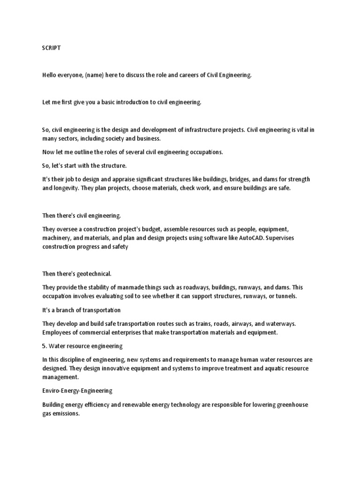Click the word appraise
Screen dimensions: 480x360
pos(123,180)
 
